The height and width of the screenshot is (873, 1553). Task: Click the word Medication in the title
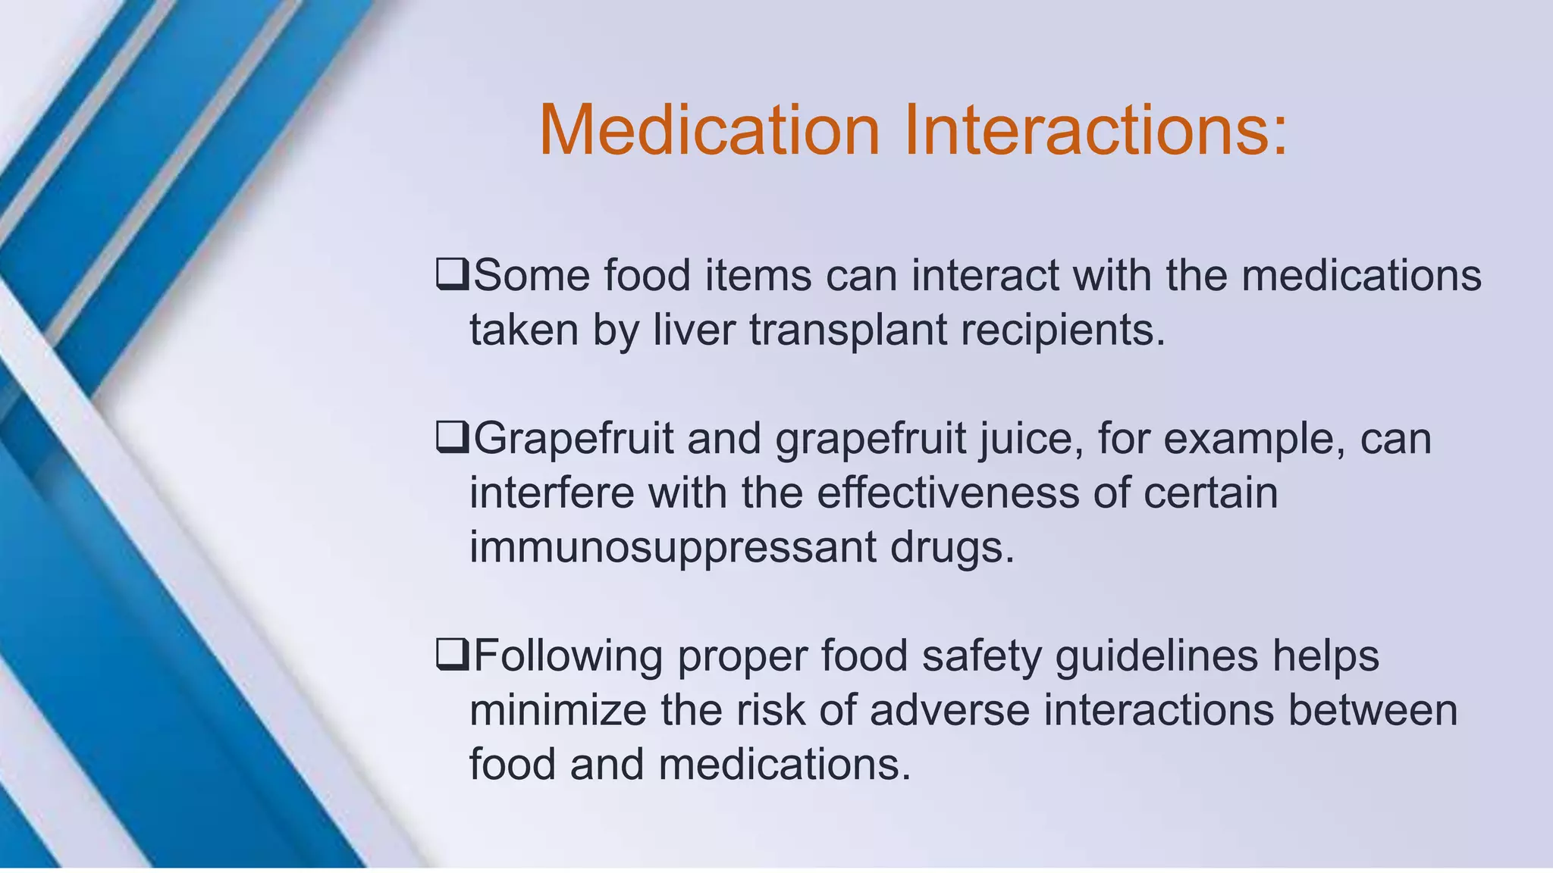coord(709,130)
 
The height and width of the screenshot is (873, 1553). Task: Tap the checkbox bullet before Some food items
coord(453,274)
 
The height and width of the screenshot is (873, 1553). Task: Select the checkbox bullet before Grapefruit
coord(453,438)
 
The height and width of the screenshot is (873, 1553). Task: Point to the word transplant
coord(849,331)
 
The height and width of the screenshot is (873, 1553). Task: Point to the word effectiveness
coord(948,493)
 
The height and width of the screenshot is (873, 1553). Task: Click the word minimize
coord(558,710)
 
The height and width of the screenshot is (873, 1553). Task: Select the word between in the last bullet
coord(1373,710)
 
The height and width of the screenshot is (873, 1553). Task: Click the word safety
coord(981,656)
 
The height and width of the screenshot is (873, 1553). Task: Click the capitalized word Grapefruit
coord(573,440)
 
